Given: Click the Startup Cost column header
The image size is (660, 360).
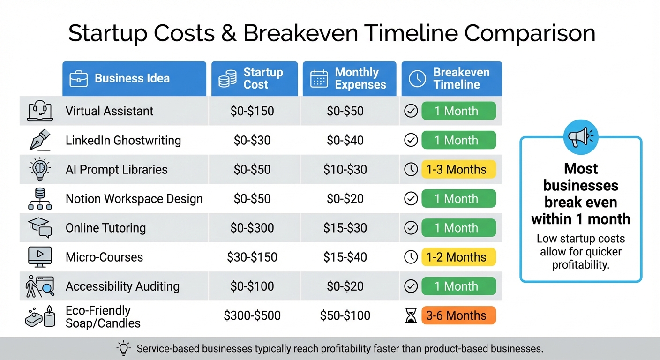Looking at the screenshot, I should point(254,79).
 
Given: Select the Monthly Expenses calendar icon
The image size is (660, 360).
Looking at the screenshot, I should point(319,79).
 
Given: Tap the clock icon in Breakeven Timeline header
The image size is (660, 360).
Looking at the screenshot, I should point(417,79).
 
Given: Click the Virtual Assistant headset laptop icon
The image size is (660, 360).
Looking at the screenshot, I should point(40,111).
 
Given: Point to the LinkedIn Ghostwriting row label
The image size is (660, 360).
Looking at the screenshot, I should point(123,140).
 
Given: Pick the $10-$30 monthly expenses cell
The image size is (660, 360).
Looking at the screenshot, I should point(345,169).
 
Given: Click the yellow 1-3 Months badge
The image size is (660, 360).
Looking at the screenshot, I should point(459,169).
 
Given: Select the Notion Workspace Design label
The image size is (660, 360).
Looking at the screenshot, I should point(134,199).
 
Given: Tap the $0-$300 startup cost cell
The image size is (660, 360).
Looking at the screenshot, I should point(252,228).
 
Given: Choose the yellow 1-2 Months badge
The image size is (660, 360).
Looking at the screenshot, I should point(459,257).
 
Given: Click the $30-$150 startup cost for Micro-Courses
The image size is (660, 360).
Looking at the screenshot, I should point(252,257).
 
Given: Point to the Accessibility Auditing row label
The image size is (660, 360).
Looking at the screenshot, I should point(122,286).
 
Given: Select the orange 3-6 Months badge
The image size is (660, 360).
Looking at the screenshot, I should point(459,315).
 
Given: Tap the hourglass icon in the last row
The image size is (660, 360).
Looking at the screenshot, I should point(411,316).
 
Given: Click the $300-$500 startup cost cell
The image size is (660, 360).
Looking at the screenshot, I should point(252,315).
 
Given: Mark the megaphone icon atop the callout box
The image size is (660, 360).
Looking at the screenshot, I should point(580,136).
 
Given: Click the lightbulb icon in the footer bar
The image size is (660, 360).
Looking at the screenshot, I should point(123,348).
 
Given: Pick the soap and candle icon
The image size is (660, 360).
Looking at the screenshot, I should point(40,316).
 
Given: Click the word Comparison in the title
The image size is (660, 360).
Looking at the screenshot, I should point(529,34).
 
